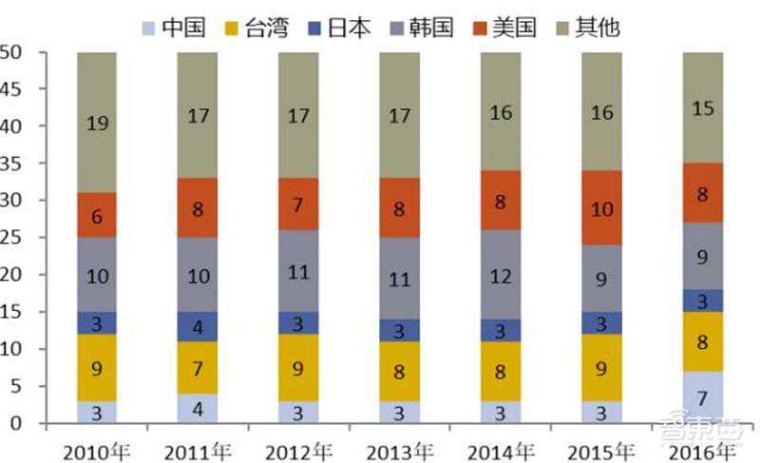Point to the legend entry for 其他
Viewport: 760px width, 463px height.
596,25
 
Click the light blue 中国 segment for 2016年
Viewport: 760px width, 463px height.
702,396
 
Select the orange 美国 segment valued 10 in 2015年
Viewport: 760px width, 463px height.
601,208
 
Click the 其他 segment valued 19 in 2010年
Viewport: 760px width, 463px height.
97,123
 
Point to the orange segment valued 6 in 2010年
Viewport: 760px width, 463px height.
97,216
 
